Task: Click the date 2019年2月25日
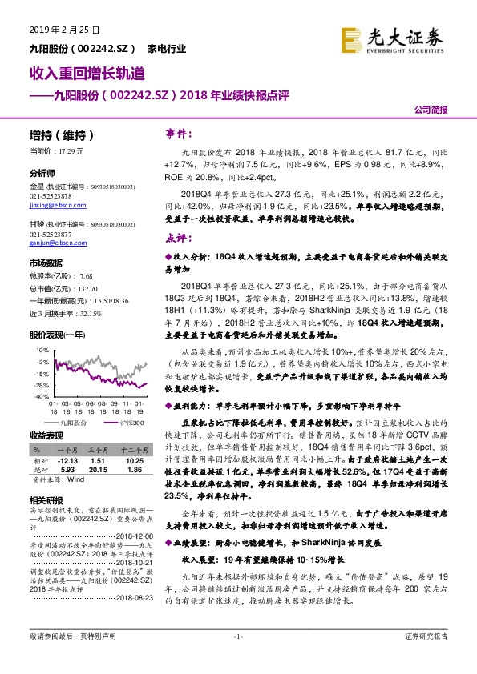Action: (x=54, y=30)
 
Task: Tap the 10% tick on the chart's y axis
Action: (x=41, y=350)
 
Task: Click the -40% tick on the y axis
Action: (x=40, y=395)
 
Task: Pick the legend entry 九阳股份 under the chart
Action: (x=75, y=419)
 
